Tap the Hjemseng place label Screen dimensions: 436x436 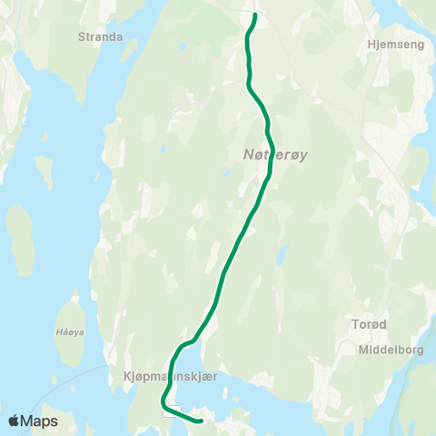(x=392, y=43)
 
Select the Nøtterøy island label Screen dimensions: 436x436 (x=276, y=155)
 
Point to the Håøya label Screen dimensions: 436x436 (x=69, y=332)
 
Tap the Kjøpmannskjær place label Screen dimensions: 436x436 (x=166, y=374)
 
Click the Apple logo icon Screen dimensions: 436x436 (x=15, y=421)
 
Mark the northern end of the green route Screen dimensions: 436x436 (x=255, y=15)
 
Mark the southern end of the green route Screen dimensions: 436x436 (x=200, y=421)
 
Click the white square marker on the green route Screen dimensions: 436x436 (x=170, y=411)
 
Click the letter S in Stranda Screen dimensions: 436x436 (x=82, y=39)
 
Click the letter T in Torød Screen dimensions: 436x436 (x=355, y=324)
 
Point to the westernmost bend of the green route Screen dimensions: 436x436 (x=163, y=401)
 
